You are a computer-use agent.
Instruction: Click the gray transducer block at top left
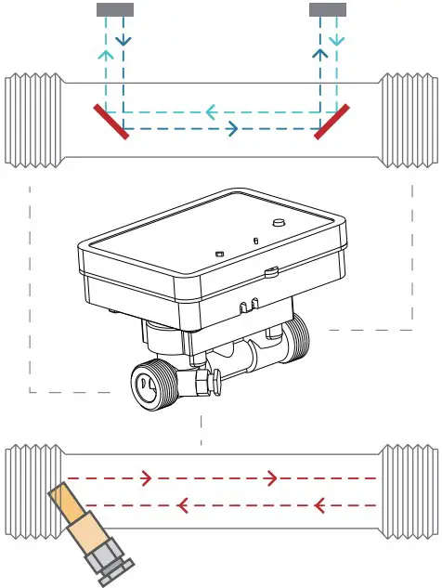coord(115,9)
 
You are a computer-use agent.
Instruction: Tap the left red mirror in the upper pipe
coord(111,122)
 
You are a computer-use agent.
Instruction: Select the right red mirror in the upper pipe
coord(331,122)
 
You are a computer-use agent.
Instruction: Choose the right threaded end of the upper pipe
coord(409,122)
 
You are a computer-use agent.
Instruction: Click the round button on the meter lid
coord(278,222)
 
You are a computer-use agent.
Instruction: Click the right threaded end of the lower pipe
coord(409,492)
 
